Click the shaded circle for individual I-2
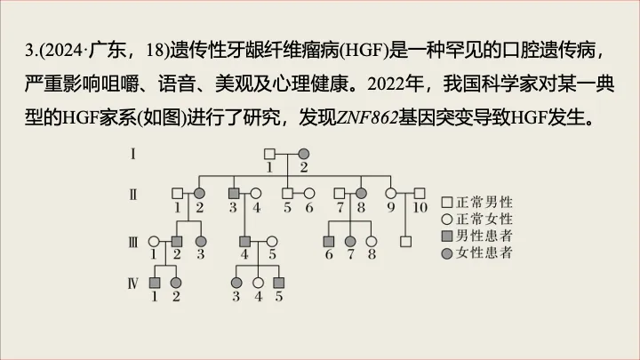pos(303,152)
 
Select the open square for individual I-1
pos(268,152)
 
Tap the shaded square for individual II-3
pos(234,193)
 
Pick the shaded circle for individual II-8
pos(362,193)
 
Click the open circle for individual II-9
pos(390,193)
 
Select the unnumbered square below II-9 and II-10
pos(405,241)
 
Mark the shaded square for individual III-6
pos(328,241)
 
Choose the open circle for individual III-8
pos(372,241)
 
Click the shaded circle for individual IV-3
pos(236,283)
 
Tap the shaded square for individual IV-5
pos(278,283)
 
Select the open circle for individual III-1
pos(154,241)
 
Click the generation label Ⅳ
pos(132,284)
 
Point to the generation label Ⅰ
pos(132,153)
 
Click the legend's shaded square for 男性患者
pos(447,236)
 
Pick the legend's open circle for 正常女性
pos(447,218)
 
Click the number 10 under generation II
pos(421,208)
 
